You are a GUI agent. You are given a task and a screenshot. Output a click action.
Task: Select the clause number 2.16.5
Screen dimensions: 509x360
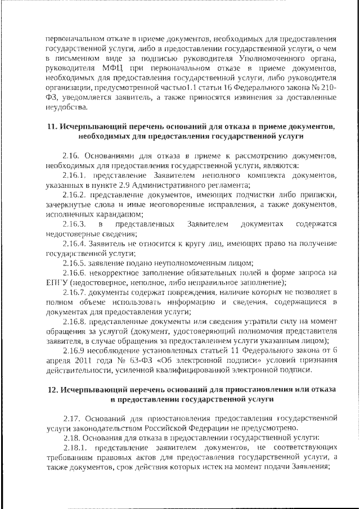tap(76, 263)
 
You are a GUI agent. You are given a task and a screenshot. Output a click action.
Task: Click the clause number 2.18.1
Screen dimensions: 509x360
tap(76, 447)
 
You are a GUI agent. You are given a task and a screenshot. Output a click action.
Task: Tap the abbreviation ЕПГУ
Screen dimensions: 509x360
tap(55, 282)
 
